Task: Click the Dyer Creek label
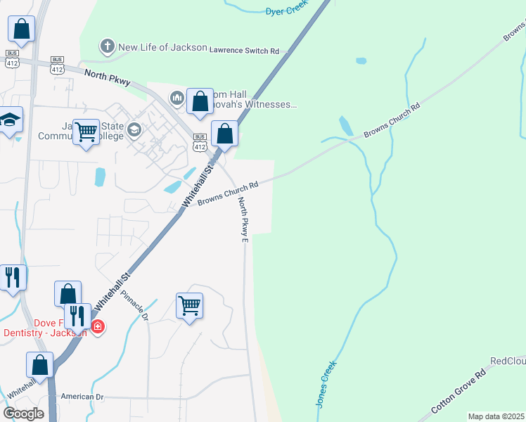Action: click(x=287, y=11)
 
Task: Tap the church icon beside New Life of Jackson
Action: click(x=107, y=47)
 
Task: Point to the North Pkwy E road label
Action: click(x=243, y=220)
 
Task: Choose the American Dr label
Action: click(x=82, y=397)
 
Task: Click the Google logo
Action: click(x=23, y=413)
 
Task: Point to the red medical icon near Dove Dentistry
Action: click(x=97, y=326)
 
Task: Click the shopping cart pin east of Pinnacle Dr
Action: click(x=189, y=307)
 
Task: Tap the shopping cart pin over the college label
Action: click(x=86, y=132)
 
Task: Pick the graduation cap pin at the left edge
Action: click(x=11, y=121)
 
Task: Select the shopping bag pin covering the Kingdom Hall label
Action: click(x=200, y=101)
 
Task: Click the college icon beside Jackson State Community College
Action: click(x=134, y=130)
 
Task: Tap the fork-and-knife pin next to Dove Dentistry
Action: click(x=77, y=317)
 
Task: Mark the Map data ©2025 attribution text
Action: click(x=496, y=416)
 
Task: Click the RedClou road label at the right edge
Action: click(x=507, y=361)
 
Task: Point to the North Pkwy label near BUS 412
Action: click(x=107, y=77)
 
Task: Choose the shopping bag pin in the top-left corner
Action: click(x=22, y=30)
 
